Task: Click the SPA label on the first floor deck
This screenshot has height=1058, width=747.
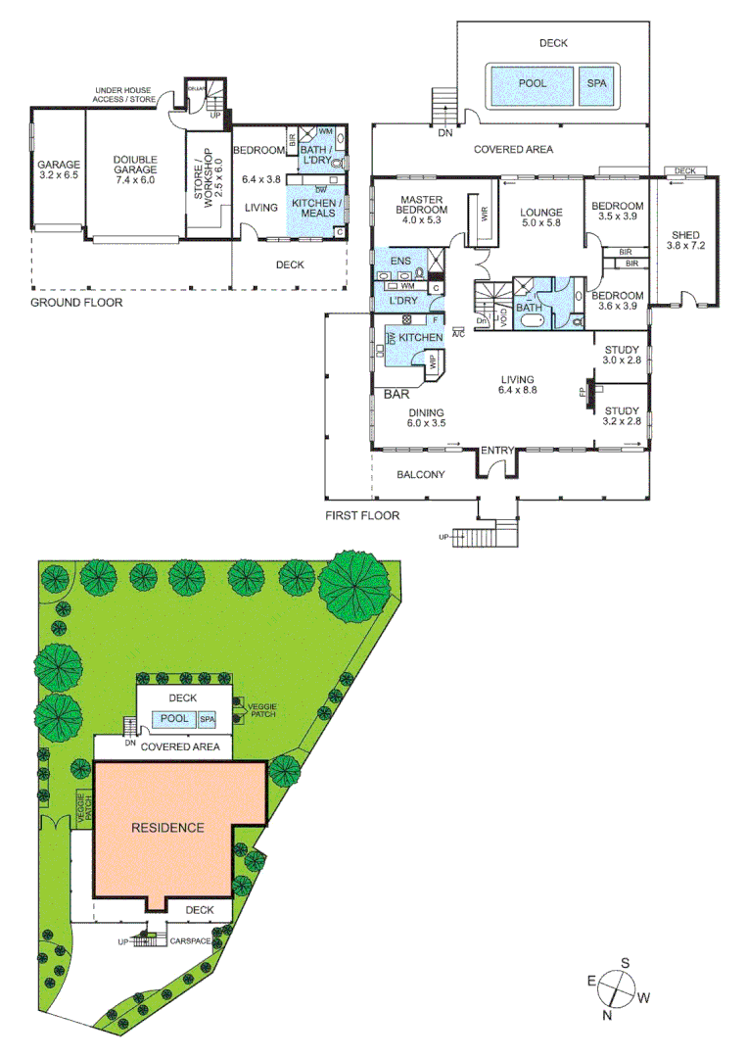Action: pos(596,84)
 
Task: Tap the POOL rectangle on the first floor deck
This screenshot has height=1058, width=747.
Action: pos(533,84)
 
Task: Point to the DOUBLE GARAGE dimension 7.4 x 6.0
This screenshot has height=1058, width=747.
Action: pos(135,180)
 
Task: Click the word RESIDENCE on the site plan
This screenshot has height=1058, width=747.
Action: pos(167,827)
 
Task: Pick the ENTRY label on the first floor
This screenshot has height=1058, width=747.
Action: pos(497,450)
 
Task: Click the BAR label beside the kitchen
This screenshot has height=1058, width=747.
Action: pos(397,395)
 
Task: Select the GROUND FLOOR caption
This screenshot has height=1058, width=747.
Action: pos(76,303)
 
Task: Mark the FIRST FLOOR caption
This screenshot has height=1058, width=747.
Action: pos(361,515)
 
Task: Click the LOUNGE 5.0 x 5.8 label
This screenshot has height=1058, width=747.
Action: pos(540,218)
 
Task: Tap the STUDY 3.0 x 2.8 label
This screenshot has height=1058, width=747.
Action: pos(622,355)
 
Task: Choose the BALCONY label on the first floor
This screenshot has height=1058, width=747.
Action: pos(420,475)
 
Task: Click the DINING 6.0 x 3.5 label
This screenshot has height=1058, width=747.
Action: pos(426,418)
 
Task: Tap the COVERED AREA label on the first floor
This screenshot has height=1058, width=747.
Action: pos(513,149)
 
